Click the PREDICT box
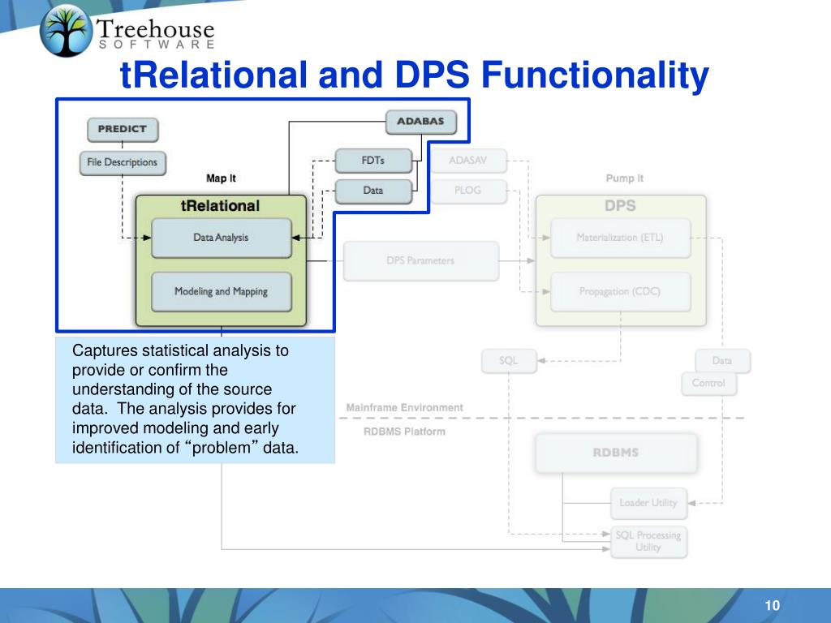coord(122,129)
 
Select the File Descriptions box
coord(123,162)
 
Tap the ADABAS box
coord(420,122)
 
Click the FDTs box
coord(373,161)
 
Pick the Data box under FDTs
coord(373,191)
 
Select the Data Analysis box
coord(221,238)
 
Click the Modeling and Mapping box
coord(221,292)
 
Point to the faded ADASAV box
coord(469,161)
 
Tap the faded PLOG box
coord(467,191)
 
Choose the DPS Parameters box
coord(420,261)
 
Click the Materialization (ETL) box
coord(620,238)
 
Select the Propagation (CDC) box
coord(620,292)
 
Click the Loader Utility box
coord(648,503)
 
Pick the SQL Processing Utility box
coord(648,542)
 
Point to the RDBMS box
coord(616,453)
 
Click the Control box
coord(708,383)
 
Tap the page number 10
coord(771,607)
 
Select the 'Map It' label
coord(222,178)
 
